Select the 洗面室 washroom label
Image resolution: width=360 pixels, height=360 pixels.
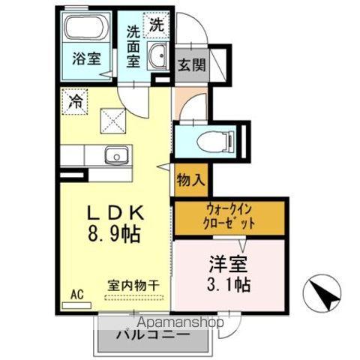pyautogui.click(x=133, y=46)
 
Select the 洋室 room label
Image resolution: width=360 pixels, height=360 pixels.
pyautogui.click(x=229, y=265)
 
